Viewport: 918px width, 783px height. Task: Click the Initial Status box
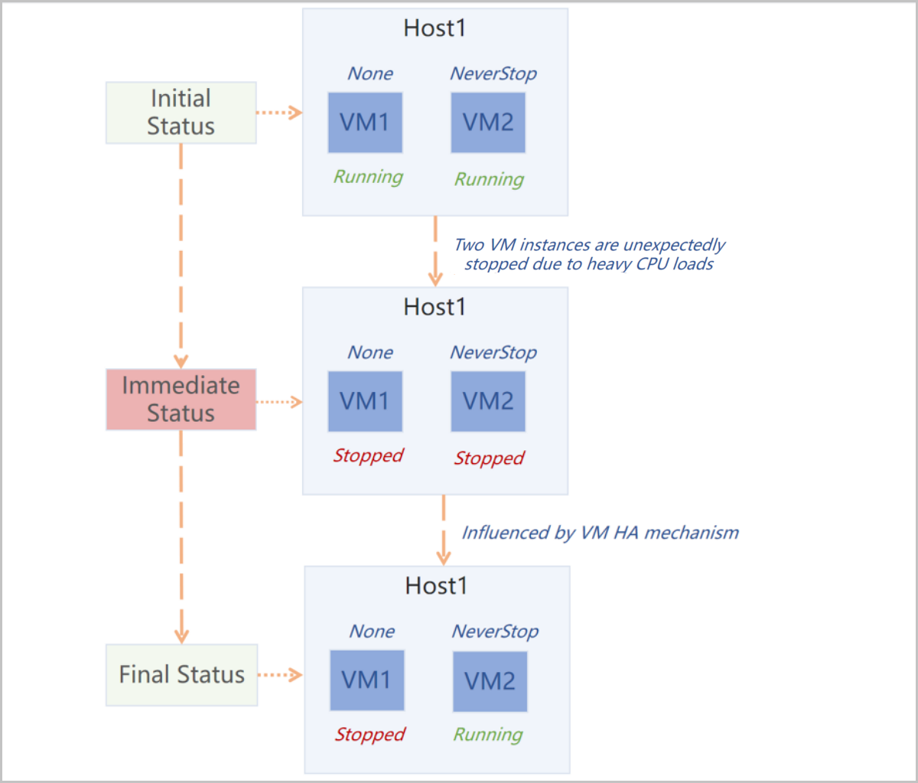coord(181,113)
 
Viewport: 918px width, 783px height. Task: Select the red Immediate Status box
coord(181,399)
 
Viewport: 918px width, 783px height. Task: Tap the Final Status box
coord(181,674)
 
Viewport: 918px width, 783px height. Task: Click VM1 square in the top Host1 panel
coord(365,122)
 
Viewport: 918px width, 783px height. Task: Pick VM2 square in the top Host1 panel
coord(488,122)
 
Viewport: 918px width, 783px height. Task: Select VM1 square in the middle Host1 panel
coord(365,401)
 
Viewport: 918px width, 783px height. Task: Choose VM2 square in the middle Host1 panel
coord(488,401)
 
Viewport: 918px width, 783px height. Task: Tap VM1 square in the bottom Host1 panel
coord(366,680)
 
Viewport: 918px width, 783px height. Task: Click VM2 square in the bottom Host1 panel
coord(490,681)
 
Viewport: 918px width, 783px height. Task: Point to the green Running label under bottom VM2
coord(488,735)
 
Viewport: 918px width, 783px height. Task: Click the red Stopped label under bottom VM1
coord(369,735)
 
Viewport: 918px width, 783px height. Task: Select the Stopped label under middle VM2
coord(490,458)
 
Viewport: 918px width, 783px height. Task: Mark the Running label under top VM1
coord(368,177)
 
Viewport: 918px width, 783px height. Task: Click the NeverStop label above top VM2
coord(493,73)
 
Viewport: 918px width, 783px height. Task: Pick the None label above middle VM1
coord(370,352)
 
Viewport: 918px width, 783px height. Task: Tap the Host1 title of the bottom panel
coord(436,586)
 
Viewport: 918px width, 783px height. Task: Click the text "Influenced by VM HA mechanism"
coord(600,533)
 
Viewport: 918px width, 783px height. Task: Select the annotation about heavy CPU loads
coord(589,255)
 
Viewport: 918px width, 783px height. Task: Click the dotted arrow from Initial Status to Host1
coord(279,113)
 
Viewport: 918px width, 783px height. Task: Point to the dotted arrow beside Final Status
coord(281,674)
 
